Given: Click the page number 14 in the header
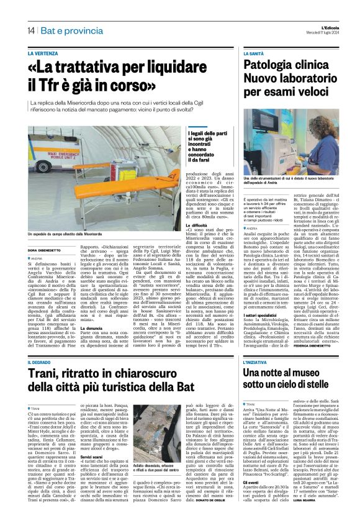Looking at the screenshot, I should coord(30,30).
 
